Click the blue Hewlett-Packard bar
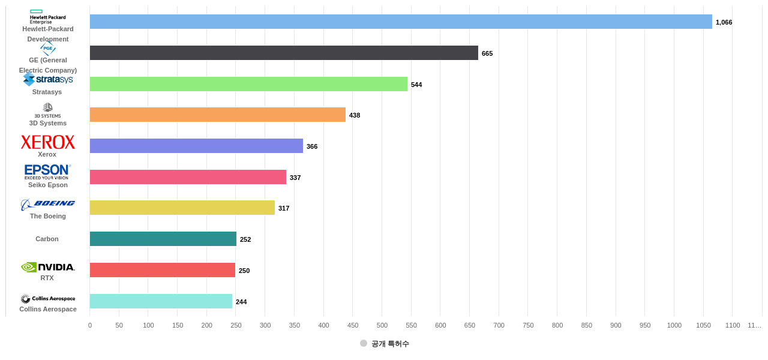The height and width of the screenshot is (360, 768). (401, 22)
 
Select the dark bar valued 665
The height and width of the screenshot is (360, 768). (284, 53)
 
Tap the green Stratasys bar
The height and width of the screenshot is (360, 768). (248, 84)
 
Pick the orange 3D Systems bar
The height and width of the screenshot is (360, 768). (218, 115)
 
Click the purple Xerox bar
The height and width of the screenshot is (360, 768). (196, 146)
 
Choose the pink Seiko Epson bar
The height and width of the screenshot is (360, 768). (188, 177)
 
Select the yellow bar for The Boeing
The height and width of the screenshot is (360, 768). (182, 208)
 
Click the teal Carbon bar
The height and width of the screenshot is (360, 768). (163, 239)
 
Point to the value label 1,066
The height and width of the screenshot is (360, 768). (724, 22)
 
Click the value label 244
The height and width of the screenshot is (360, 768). (241, 302)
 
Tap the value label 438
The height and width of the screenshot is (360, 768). (355, 115)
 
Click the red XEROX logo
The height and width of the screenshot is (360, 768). (48, 142)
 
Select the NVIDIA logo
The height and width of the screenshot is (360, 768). (48, 267)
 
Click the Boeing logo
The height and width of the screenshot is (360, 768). (48, 204)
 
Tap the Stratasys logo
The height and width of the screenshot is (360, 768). (48, 79)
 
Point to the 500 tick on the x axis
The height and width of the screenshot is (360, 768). (382, 325)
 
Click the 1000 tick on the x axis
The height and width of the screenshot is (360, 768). (674, 325)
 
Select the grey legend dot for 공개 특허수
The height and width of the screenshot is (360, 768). (364, 343)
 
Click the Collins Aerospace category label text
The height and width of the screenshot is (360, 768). (48, 309)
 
